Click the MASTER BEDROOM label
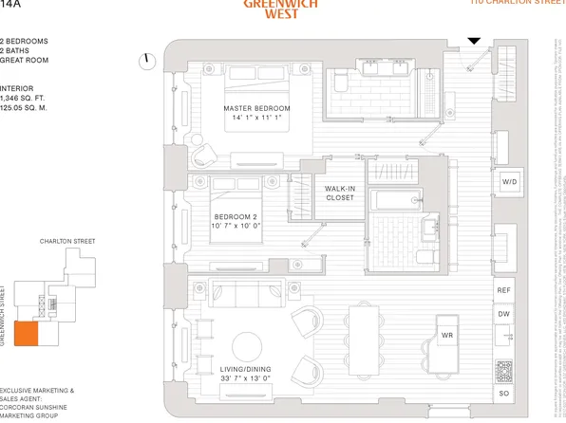(256, 108)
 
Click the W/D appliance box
(509, 181)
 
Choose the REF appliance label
(504, 292)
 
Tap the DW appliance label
(504, 314)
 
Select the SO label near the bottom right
(504, 393)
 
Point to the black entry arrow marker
(474, 41)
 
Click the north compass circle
(147, 62)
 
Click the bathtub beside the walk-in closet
(393, 200)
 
